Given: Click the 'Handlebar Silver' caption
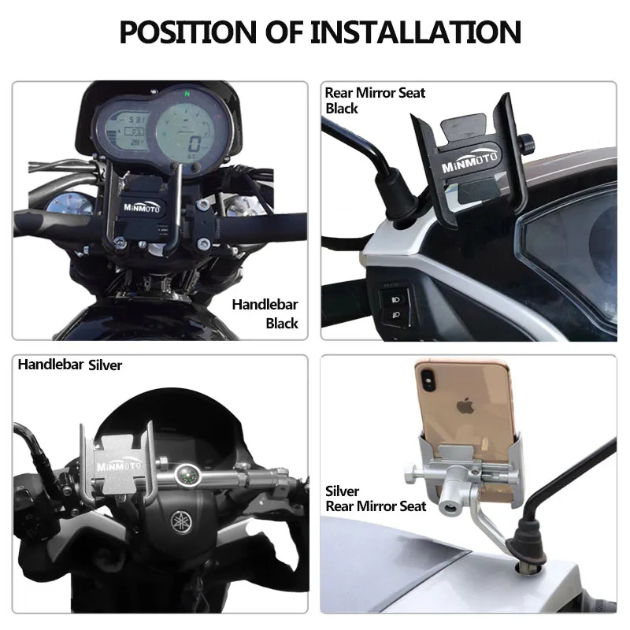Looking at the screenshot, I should click(70, 365).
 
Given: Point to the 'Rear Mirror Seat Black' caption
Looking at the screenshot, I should click(375, 100).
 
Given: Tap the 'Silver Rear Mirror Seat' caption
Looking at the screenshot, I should click(376, 498).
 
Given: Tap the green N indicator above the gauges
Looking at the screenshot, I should click(187, 93).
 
